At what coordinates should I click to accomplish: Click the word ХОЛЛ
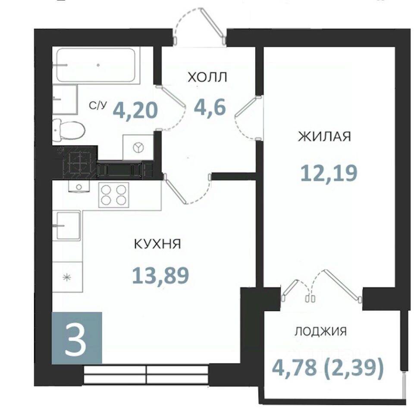(x=207, y=77)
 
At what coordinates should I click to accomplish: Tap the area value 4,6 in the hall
(x=210, y=108)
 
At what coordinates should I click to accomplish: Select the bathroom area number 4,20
(x=135, y=110)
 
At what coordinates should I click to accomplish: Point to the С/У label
(x=97, y=106)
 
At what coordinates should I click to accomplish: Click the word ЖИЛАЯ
(x=324, y=137)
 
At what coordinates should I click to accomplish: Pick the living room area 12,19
(x=329, y=173)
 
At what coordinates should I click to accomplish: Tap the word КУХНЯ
(x=157, y=244)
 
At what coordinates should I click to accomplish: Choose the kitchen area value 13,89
(x=160, y=275)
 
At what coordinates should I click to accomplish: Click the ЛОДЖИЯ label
(x=320, y=331)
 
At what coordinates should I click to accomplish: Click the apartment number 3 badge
(x=77, y=338)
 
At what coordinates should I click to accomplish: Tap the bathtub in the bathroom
(x=96, y=65)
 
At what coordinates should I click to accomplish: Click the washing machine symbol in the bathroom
(x=138, y=147)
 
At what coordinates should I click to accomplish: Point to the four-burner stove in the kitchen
(x=114, y=195)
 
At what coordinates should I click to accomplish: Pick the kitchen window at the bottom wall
(x=146, y=374)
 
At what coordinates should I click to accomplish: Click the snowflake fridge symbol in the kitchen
(x=67, y=277)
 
